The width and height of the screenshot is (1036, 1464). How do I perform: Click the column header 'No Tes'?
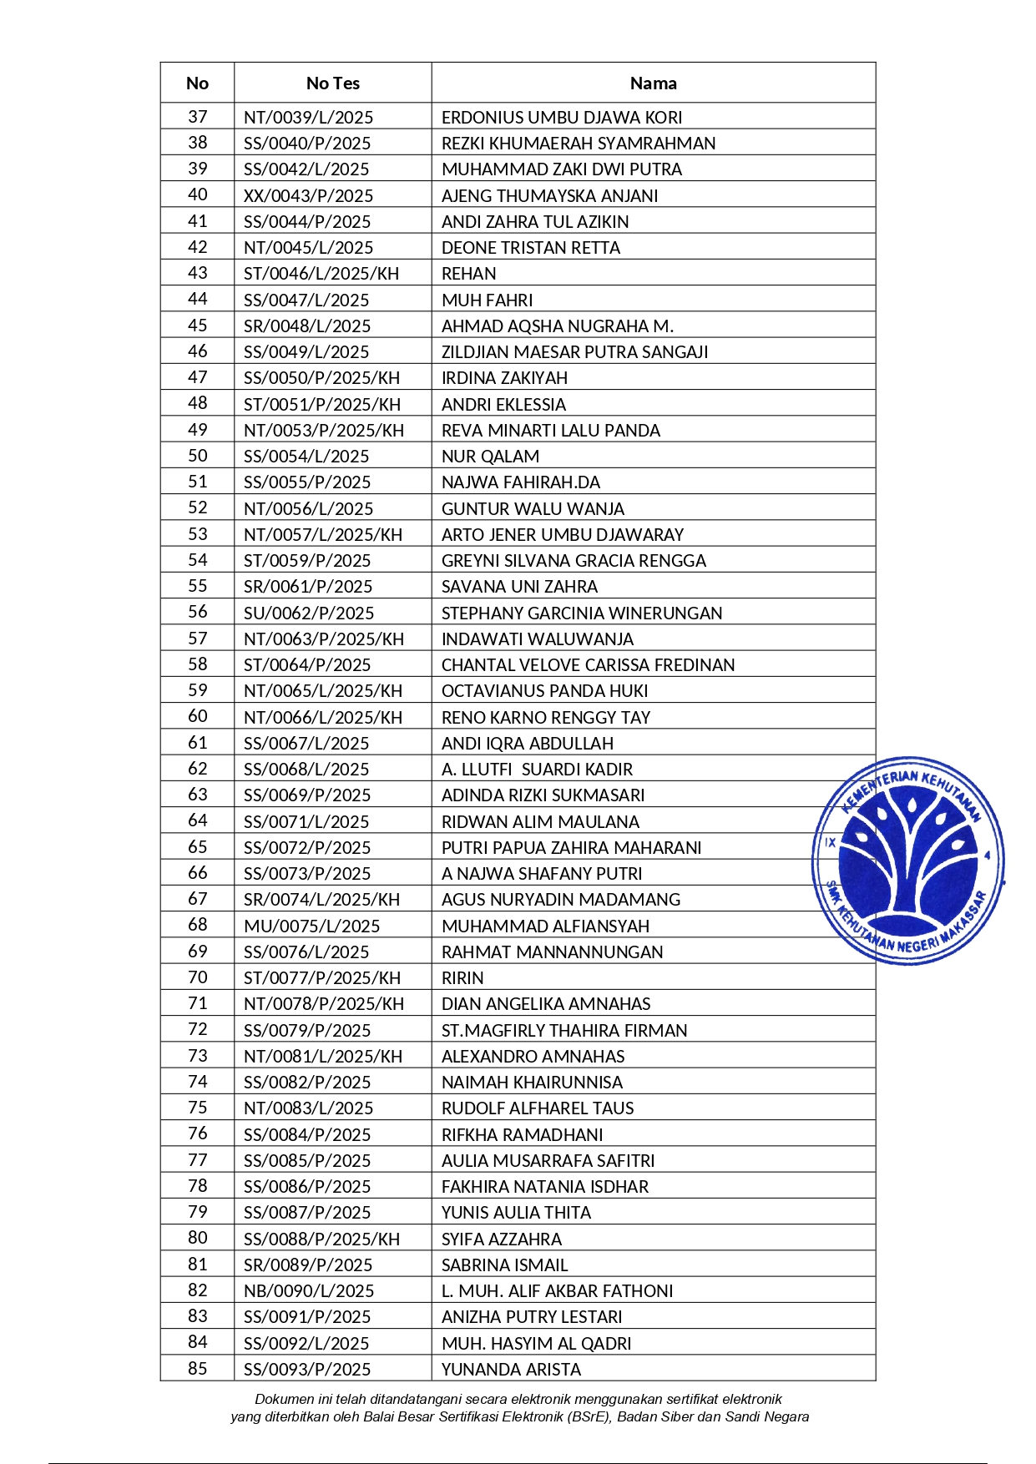click(x=332, y=83)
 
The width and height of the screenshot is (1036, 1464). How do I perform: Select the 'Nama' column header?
click(x=653, y=83)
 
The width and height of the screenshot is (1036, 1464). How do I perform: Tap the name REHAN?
click(x=468, y=274)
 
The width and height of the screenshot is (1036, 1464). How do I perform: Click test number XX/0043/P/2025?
click(x=308, y=196)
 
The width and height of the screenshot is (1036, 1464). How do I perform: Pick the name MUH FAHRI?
click(x=487, y=300)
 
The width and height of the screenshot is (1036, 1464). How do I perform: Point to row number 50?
click(x=197, y=456)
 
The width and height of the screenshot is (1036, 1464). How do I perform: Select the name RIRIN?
click(x=462, y=978)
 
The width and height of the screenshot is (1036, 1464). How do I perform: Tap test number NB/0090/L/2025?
click(x=308, y=1291)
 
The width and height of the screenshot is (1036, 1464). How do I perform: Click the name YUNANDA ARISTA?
click(x=511, y=1370)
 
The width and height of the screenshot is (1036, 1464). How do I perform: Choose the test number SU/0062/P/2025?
click(x=308, y=613)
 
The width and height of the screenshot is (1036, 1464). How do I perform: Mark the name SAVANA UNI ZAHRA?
click(x=519, y=587)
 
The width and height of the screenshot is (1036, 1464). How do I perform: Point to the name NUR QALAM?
click(x=490, y=457)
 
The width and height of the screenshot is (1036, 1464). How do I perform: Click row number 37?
click(x=197, y=117)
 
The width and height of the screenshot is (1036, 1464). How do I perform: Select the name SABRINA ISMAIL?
click(x=504, y=1265)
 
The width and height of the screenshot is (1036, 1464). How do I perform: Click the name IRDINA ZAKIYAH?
click(x=504, y=378)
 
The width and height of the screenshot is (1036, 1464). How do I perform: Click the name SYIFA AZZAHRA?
click(x=501, y=1239)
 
